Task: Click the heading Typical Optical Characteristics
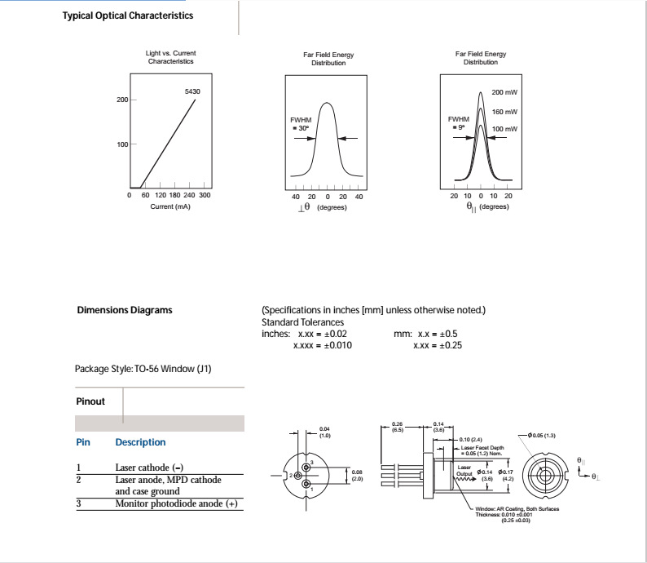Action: pos(128,16)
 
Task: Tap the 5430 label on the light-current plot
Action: pos(192,91)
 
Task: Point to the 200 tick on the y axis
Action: pos(123,100)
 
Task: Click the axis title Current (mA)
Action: pos(170,206)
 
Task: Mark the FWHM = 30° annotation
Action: pos(300,124)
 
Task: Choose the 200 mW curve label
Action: pos(504,94)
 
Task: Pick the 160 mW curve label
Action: pos(504,112)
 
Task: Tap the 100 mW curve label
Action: pos(504,130)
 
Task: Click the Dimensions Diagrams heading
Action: pos(124,310)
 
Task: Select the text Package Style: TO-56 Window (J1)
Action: pos(144,369)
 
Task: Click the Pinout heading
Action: pos(90,401)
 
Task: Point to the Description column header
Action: pos(140,442)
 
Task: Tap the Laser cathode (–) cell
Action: pos(149,468)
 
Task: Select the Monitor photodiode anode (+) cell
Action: pos(176,504)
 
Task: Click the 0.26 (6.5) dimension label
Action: pos(398,427)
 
